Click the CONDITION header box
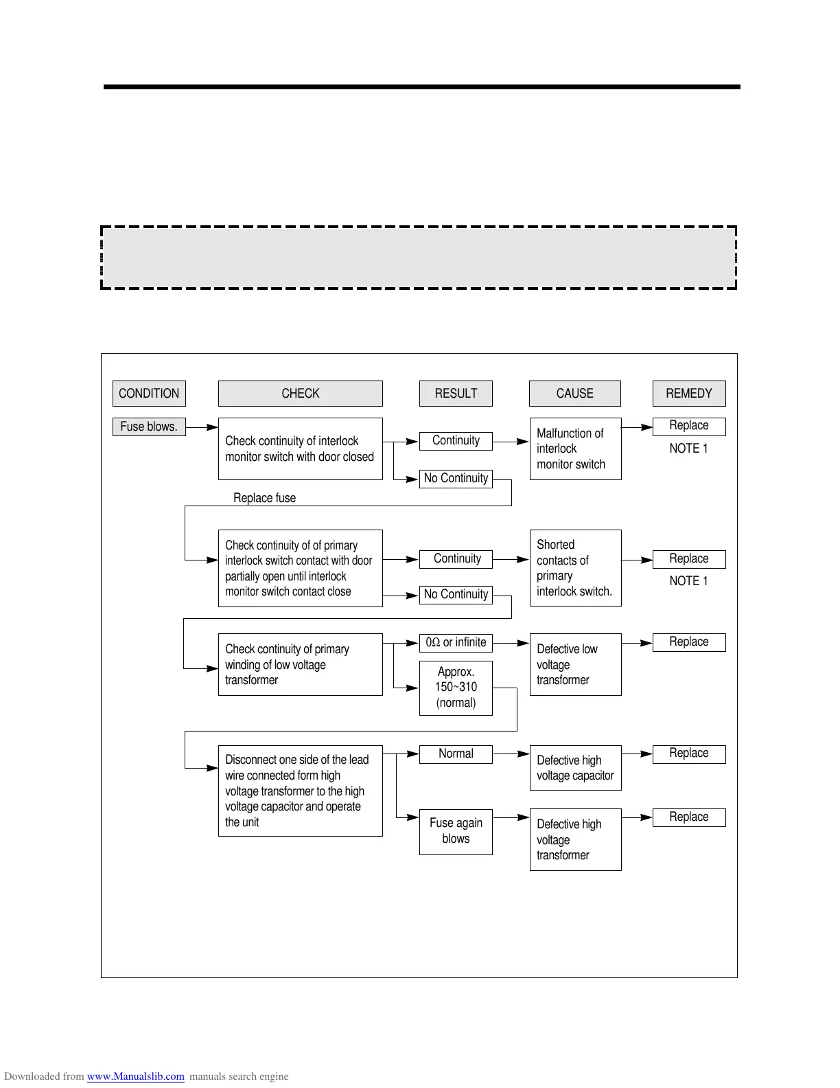(x=149, y=394)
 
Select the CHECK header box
(x=300, y=394)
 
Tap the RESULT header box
(x=456, y=394)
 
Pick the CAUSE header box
(x=575, y=394)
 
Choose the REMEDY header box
(x=689, y=394)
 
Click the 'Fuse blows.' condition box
(x=149, y=427)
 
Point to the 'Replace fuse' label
(x=264, y=498)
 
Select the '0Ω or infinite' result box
(x=456, y=643)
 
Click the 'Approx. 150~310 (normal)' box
(x=456, y=688)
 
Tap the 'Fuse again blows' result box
(x=456, y=831)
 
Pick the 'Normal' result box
(x=456, y=753)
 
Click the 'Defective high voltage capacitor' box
(x=575, y=768)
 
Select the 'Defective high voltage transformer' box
(x=575, y=839)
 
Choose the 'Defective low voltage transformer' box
(x=575, y=664)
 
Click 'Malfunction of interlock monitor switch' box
(x=575, y=449)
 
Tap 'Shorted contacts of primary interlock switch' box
(x=575, y=568)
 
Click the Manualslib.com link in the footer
(x=135, y=1076)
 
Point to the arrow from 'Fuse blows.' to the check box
(x=202, y=427)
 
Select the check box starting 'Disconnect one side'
(x=300, y=791)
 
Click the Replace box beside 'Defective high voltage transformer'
(x=689, y=817)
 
